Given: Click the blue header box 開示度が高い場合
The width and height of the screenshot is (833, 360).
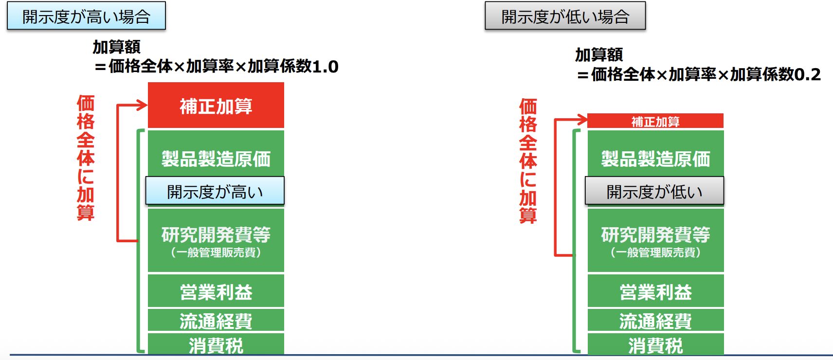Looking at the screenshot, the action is (x=86, y=16).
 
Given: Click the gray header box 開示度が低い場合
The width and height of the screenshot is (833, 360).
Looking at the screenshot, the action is (x=565, y=16).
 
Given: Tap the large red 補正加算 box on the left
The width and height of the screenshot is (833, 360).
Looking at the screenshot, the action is (x=216, y=105).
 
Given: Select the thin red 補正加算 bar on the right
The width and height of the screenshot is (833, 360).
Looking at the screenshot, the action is (x=655, y=121).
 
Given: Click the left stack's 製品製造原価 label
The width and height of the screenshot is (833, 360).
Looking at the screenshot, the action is (x=216, y=159).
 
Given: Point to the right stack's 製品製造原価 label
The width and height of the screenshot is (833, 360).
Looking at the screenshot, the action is (x=655, y=159).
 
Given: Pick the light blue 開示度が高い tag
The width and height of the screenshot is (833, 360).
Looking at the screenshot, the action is (x=215, y=191).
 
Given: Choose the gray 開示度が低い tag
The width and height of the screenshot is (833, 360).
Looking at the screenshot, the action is (x=654, y=191).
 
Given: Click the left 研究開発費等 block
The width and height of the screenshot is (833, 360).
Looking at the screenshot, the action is (x=216, y=240).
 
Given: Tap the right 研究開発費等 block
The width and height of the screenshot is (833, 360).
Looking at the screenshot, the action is (x=655, y=240).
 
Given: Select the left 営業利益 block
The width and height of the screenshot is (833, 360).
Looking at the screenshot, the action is (x=216, y=291).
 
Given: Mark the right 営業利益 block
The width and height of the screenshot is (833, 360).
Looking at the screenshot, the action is (x=655, y=291).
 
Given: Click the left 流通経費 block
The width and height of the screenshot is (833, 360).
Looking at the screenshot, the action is (x=216, y=320).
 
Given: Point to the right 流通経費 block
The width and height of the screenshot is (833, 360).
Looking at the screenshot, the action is (x=655, y=320).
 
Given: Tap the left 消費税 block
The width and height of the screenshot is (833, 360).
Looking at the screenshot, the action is (x=216, y=344).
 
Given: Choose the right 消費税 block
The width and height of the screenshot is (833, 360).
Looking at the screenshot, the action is (x=655, y=344).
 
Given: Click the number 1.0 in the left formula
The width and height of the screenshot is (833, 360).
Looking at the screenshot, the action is (x=326, y=67).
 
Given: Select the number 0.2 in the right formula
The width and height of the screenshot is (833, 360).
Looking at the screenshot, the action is (x=807, y=75).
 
